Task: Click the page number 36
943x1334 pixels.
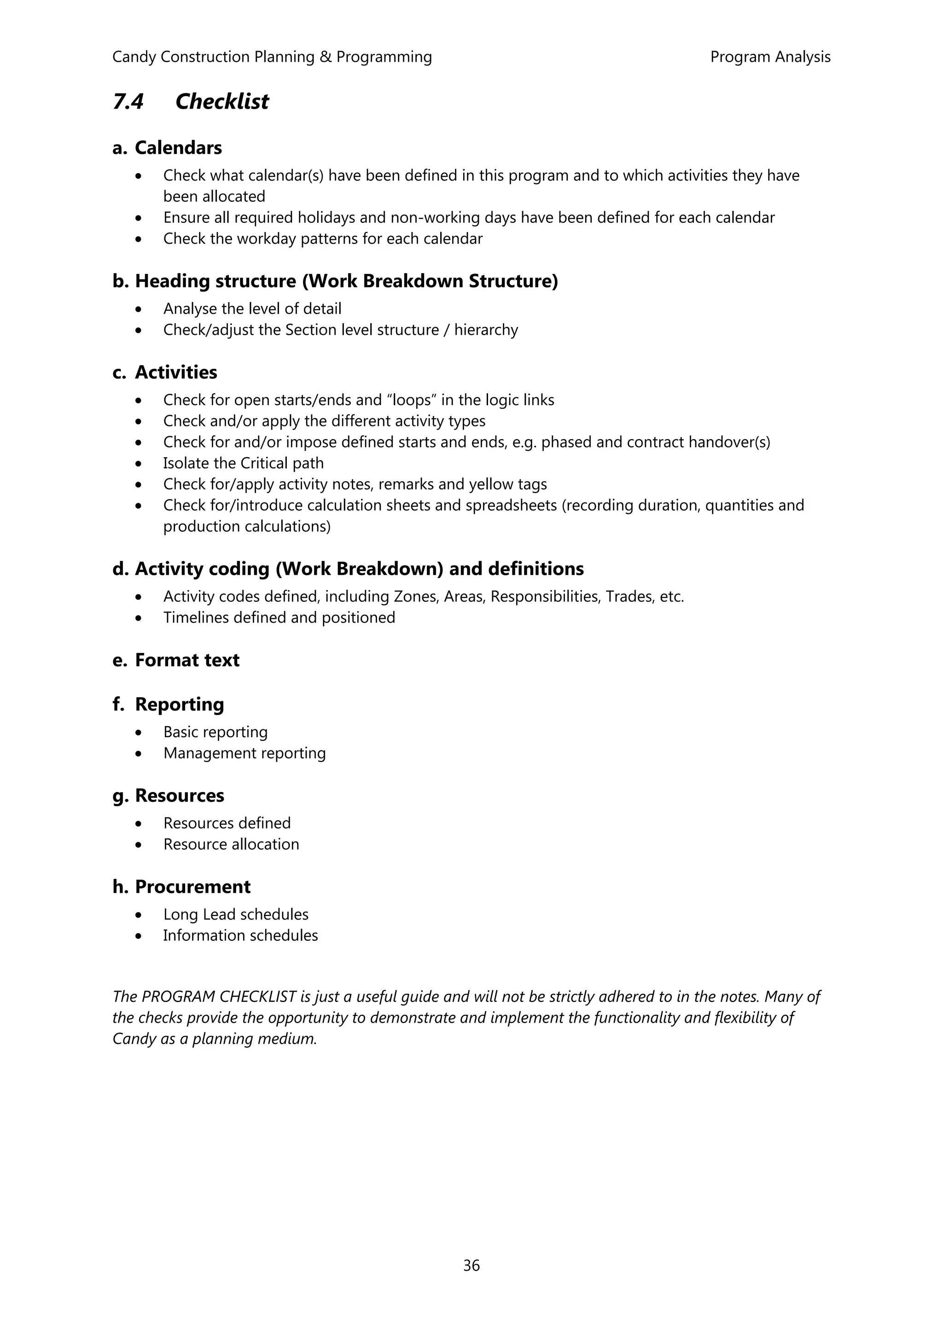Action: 471,1265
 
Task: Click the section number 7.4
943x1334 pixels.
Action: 128,102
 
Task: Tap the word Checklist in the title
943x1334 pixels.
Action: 222,102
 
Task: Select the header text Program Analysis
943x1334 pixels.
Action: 770,57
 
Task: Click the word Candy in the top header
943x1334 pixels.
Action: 134,57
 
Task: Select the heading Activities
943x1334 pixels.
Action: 176,373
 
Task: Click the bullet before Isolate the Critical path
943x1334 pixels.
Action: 138,464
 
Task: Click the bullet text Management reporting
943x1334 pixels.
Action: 244,754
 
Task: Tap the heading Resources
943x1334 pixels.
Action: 179,796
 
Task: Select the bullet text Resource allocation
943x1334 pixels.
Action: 231,845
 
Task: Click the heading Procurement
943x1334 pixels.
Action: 192,887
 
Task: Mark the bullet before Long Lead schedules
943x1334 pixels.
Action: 138,915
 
